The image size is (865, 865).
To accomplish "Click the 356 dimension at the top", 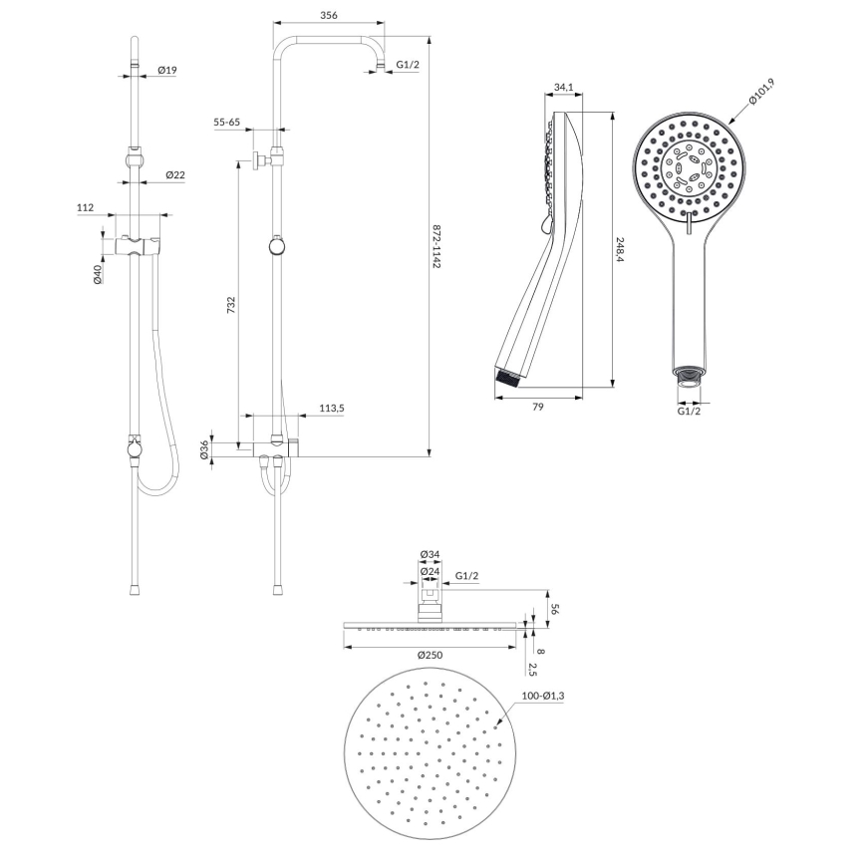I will [x=328, y=15].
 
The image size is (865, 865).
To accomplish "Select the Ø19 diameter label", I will [x=167, y=70].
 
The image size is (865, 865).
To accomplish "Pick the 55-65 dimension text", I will [x=227, y=122].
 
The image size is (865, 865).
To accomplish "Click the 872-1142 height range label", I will [x=436, y=251].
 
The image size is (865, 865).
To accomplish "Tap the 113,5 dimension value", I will [x=332, y=408].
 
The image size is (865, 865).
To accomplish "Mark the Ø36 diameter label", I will [x=204, y=450].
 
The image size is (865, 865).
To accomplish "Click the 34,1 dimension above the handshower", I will [x=563, y=89].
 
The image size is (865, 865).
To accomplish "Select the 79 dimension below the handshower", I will [x=539, y=406].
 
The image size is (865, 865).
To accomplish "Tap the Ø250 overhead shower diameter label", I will [x=432, y=655].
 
